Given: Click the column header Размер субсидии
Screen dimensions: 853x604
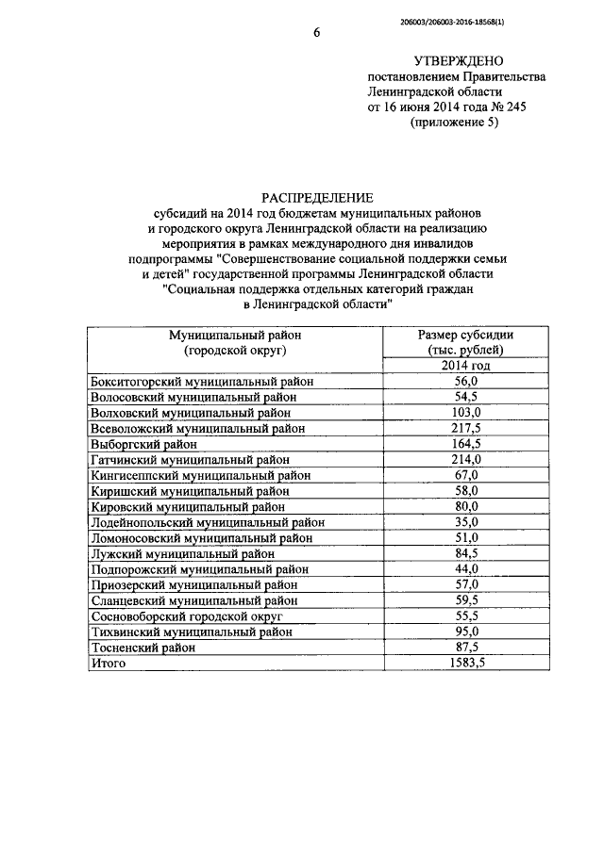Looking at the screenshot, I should (468, 336).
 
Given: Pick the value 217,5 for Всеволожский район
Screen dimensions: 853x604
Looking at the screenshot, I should (468, 428).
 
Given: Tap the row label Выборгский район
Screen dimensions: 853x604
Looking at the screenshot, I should (143, 444).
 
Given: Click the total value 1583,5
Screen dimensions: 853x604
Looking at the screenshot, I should (468, 663).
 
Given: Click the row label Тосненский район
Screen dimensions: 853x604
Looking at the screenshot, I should (143, 648).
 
